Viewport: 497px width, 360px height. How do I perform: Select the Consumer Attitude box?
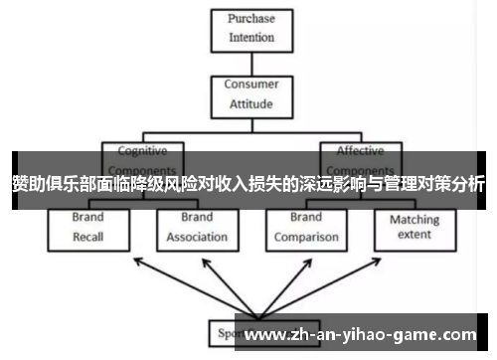[x=250, y=94]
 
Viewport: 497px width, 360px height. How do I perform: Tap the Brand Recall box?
[x=87, y=228]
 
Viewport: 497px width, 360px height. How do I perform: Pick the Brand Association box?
[x=196, y=228]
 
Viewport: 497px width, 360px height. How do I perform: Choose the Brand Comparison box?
[x=306, y=228]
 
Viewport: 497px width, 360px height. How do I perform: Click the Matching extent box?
[x=414, y=228]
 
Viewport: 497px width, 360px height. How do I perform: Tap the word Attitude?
[x=250, y=104]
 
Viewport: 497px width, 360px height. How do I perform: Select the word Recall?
[x=87, y=238]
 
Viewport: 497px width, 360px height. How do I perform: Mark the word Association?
[x=196, y=238]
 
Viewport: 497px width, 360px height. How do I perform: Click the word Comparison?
[x=306, y=238]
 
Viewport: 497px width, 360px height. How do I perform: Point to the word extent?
[x=414, y=236]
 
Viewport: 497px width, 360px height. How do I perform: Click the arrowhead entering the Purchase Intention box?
[x=251, y=57]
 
